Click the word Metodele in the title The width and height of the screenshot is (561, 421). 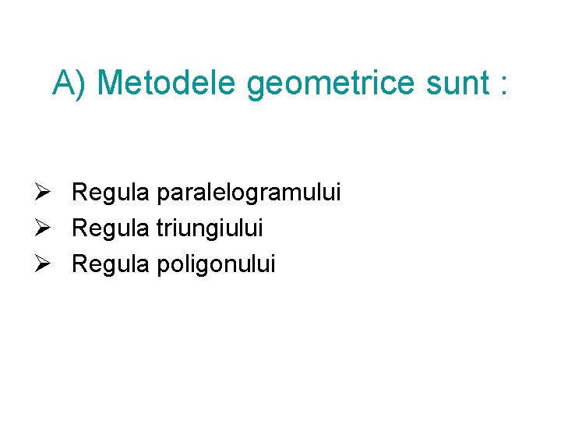click(167, 83)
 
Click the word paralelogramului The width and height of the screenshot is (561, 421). click(249, 193)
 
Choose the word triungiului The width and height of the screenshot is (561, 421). click(210, 229)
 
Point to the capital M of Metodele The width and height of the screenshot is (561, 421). click(111, 83)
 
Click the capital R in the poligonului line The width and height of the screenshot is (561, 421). click(79, 264)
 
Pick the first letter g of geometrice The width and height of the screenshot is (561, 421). click(256, 86)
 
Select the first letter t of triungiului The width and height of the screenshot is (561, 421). click(160, 229)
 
